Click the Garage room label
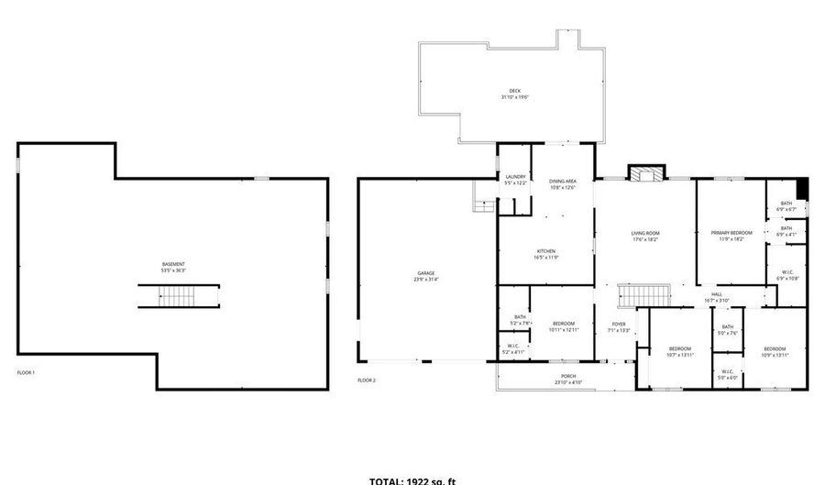click(x=425, y=276)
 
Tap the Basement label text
click(x=173, y=267)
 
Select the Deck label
click(x=515, y=93)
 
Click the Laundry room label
click(x=515, y=179)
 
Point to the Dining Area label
click(x=562, y=184)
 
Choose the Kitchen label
click(x=545, y=254)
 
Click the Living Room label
click(x=645, y=236)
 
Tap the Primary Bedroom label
click(x=731, y=236)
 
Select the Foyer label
click(x=619, y=326)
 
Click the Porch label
click(x=569, y=380)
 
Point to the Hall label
click(x=716, y=297)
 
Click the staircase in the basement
click(x=180, y=296)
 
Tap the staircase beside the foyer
click(x=644, y=296)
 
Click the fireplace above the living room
click(x=647, y=173)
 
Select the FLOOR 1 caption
click(x=26, y=373)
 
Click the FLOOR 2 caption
click(x=367, y=380)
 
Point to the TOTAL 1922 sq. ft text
click(x=412, y=479)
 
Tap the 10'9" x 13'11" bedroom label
click(x=775, y=351)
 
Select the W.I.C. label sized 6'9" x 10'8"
click(x=787, y=275)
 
